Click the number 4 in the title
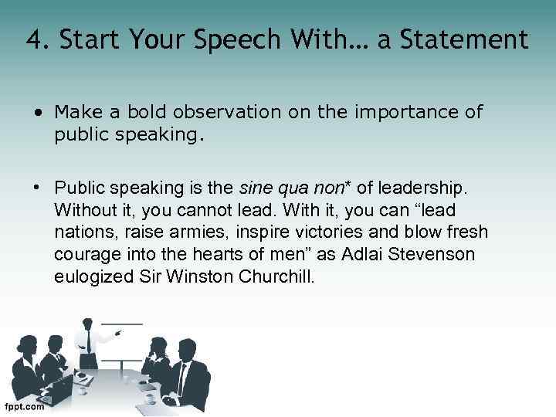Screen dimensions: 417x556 (x=32, y=39)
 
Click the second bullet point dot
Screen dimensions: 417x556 (x=39, y=188)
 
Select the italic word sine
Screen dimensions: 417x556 (x=256, y=188)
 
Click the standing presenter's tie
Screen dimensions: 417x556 (x=89, y=340)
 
